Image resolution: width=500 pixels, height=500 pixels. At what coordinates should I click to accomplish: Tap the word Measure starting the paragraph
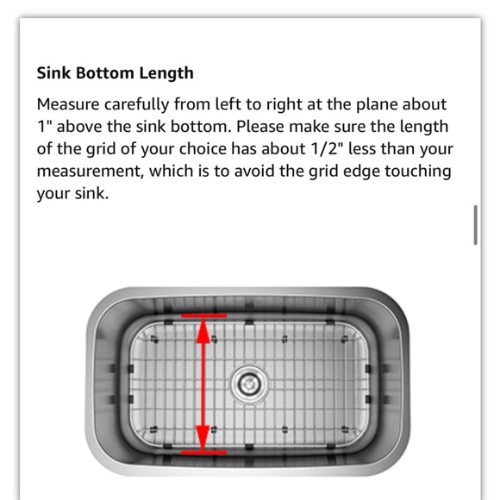coord(67,104)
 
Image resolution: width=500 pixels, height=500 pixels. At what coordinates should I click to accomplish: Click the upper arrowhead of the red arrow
coord(203,331)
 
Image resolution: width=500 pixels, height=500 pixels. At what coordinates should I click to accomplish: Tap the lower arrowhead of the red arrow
coord(203,438)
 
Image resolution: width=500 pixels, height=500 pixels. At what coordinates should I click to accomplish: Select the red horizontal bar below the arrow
coord(203,452)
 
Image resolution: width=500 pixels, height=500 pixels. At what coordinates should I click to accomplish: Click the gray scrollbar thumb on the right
coord(475,225)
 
